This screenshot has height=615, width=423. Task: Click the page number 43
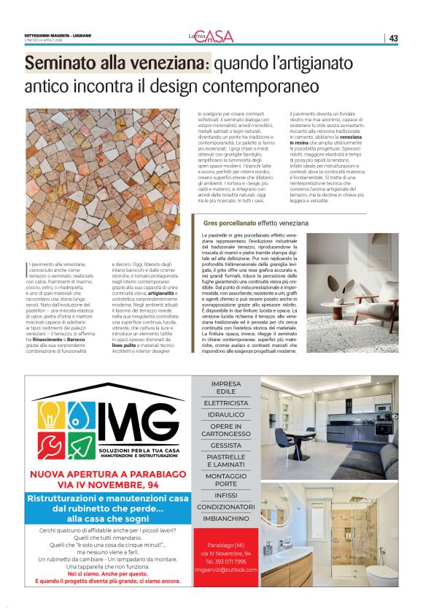tap(393, 38)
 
